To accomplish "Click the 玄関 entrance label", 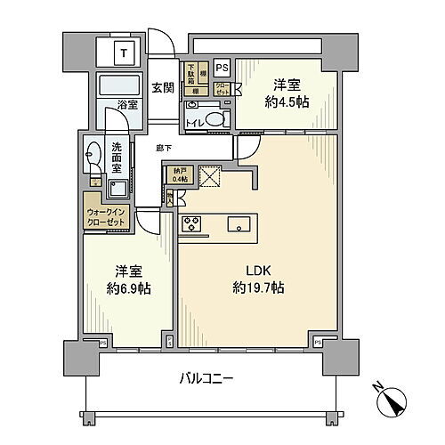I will [x=162, y=87].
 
